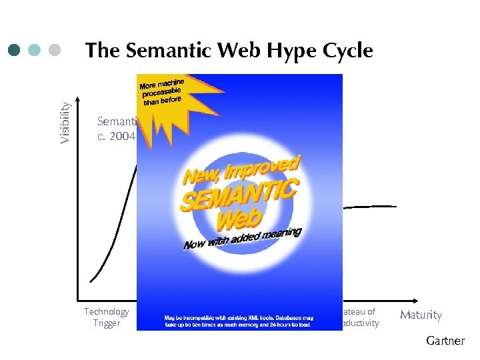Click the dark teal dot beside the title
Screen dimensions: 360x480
(x=15, y=51)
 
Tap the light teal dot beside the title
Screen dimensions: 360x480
(x=35, y=51)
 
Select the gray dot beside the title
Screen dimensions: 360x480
(x=55, y=51)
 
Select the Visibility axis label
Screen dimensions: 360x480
(x=65, y=122)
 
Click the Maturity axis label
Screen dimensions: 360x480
(x=421, y=315)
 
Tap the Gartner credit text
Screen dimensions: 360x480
(x=445, y=341)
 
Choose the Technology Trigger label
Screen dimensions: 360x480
(x=106, y=317)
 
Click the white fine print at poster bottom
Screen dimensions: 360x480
(x=239, y=321)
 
